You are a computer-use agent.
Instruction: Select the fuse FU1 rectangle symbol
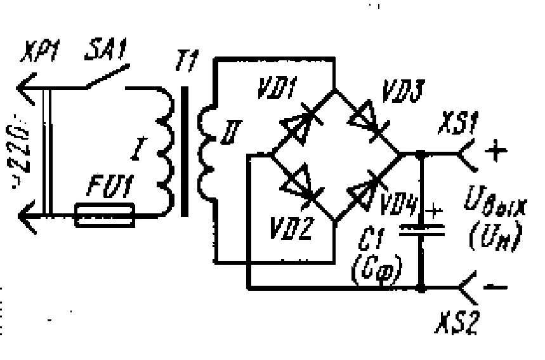[x=105, y=216]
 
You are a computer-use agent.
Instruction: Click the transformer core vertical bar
[x=185, y=152]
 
